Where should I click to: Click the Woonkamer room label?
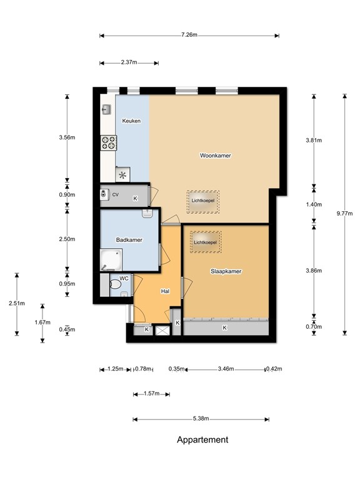click(x=215, y=156)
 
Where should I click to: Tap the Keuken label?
click(x=131, y=121)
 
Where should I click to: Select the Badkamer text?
click(x=129, y=240)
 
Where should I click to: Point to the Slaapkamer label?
click(x=226, y=271)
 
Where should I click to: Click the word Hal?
click(x=165, y=291)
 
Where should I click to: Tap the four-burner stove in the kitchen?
click(x=108, y=143)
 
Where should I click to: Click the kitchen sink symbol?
click(x=106, y=109)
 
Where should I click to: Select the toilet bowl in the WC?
click(x=115, y=285)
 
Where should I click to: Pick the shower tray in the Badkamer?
click(x=111, y=260)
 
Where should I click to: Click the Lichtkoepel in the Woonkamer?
click(x=203, y=202)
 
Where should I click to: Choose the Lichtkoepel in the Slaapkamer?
click(x=206, y=242)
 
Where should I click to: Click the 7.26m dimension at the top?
click(x=189, y=35)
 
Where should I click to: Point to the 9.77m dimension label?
click(x=345, y=214)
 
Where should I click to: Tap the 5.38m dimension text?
click(x=201, y=419)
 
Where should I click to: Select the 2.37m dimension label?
click(x=129, y=62)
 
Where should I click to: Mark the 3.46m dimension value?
click(x=226, y=369)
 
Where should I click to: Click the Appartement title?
click(x=202, y=440)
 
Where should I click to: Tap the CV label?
click(x=116, y=195)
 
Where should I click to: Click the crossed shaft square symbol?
click(x=162, y=330)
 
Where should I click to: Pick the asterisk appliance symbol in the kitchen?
click(x=122, y=176)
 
